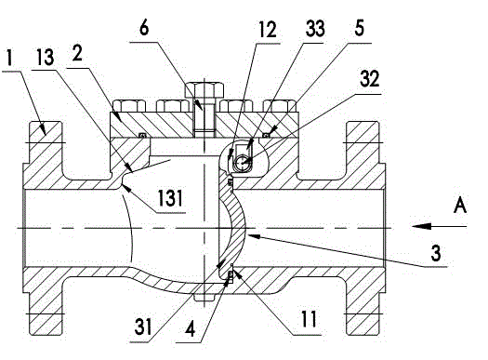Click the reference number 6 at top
point(144,28)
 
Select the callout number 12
point(268,30)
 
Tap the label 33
point(315,29)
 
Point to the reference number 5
point(359,28)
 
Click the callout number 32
point(369,78)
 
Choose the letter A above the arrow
point(460,206)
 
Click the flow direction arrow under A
point(439,226)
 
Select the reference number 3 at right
point(436,253)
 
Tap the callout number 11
point(309,319)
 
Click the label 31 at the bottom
point(143,327)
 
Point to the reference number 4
point(191,329)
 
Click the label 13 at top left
point(46,57)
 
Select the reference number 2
point(77,53)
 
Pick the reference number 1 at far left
point(10,59)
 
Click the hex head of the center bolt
point(204,89)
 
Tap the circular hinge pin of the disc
point(242,162)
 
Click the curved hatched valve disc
point(231,224)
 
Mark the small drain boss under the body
point(204,298)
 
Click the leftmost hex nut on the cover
point(129,106)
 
